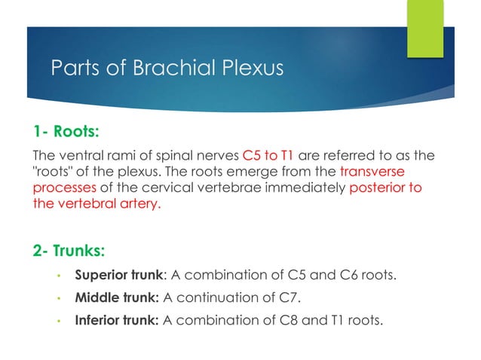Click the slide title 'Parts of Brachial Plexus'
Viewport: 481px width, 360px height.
pos(167,69)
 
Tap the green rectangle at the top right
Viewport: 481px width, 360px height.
pos(425,28)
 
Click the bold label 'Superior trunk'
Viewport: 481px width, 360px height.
pos(118,272)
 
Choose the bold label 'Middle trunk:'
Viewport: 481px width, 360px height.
pos(116,296)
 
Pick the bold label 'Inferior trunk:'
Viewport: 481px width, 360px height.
pos(117,321)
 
